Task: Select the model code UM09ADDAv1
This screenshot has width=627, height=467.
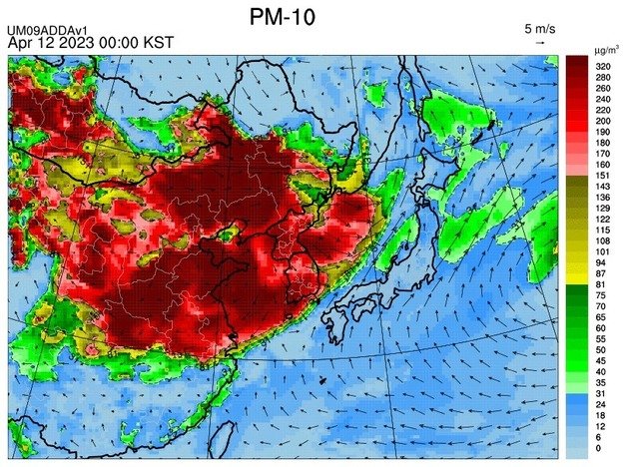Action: coord(45,31)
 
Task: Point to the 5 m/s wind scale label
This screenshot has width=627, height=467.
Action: coord(540,28)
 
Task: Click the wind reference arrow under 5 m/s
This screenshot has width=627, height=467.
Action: coord(540,43)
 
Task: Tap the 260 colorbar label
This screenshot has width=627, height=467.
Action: coord(603,88)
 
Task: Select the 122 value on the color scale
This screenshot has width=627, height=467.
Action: coord(603,219)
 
